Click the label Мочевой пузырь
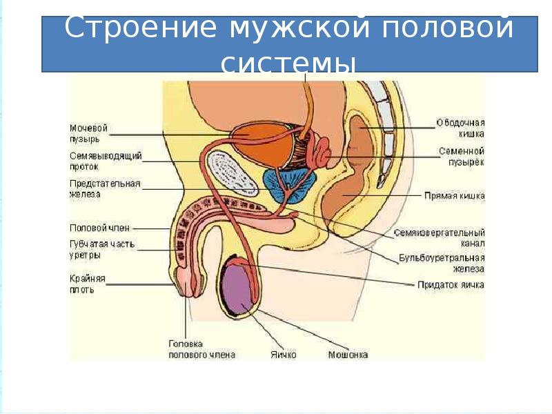pos(90,133)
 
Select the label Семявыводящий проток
pos(106,161)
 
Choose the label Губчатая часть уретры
pos(101,249)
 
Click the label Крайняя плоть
pos(86,284)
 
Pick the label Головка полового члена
pos(201,349)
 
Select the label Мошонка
pos(348,355)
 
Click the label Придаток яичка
pos(451,284)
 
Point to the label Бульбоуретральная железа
pos(442,264)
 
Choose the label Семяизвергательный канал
pos(440,238)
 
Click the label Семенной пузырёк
pos(461,156)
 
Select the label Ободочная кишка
pos(460,128)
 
